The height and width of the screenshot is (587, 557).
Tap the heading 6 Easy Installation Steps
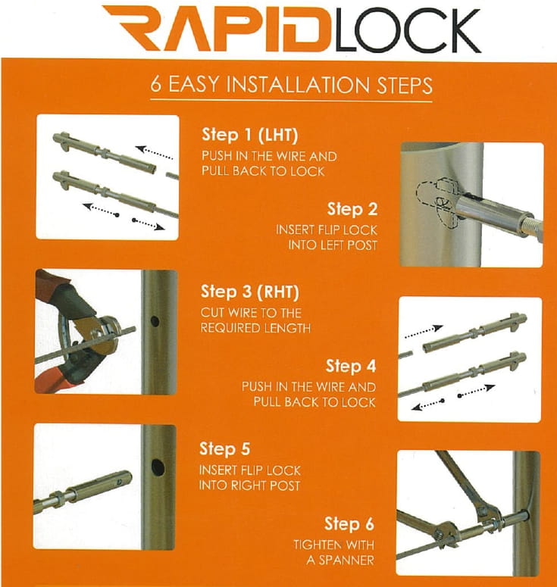click(x=291, y=84)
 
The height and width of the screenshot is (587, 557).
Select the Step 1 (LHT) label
click(x=250, y=136)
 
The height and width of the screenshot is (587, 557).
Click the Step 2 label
click(x=352, y=208)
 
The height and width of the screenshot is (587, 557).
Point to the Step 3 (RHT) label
click(x=251, y=292)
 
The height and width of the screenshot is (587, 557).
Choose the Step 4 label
click(x=351, y=367)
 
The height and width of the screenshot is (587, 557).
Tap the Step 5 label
click(x=224, y=449)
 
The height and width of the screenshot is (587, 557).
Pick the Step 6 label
click(x=349, y=523)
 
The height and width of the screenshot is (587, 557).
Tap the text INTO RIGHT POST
click(x=249, y=486)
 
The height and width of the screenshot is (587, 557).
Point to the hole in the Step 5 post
click(x=158, y=467)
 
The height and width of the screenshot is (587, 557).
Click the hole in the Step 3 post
click(x=155, y=321)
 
